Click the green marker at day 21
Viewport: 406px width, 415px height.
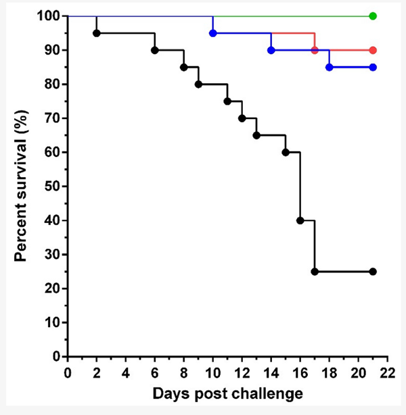click(373, 16)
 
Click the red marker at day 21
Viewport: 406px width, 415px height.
click(373, 50)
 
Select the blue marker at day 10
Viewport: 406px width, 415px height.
click(213, 33)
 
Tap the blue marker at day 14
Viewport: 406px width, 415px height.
click(271, 50)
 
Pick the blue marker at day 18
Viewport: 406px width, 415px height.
click(330, 67)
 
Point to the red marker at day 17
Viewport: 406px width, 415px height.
click(315, 50)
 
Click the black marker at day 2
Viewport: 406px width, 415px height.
click(97, 33)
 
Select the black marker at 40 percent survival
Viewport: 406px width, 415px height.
click(300, 220)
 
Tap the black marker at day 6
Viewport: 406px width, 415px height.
click(155, 50)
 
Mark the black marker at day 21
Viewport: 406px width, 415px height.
click(373, 272)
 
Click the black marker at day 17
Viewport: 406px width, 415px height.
click(315, 272)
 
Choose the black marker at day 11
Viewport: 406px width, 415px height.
click(227, 101)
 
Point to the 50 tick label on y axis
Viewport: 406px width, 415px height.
click(52, 187)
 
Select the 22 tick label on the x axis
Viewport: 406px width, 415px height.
click(387, 372)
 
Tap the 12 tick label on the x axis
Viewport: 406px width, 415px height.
click(242, 372)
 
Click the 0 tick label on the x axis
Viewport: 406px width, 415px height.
click(68, 372)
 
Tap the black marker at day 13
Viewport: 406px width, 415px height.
click(256, 135)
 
